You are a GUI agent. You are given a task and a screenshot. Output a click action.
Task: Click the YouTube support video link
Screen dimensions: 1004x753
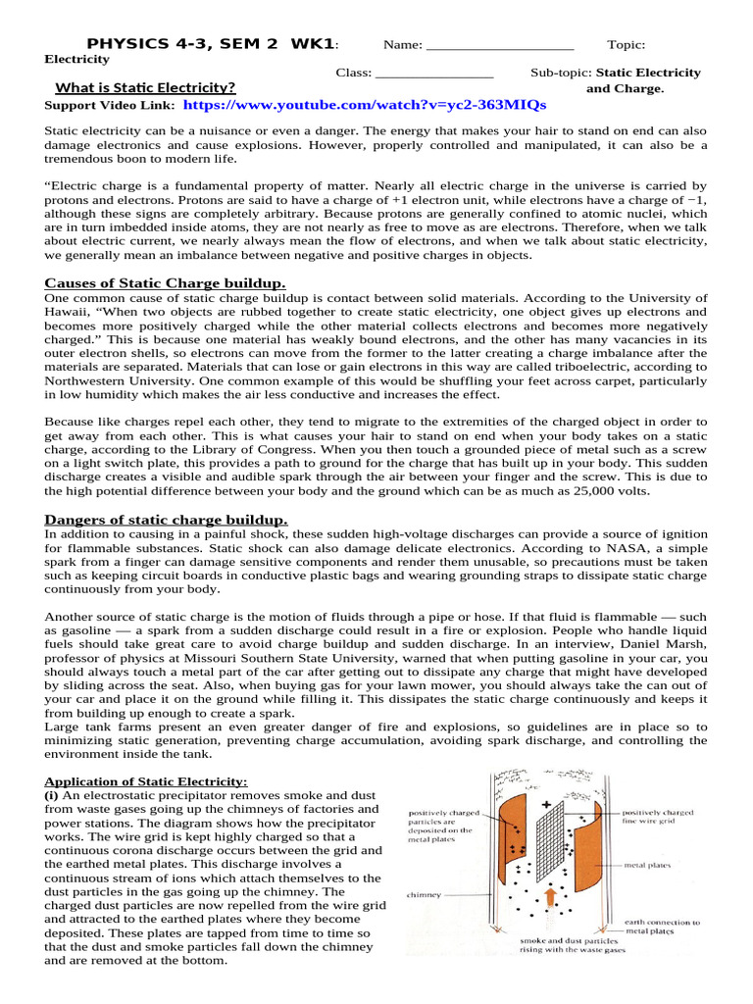point(364,105)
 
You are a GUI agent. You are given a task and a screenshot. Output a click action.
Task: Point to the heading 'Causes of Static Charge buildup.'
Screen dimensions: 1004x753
point(166,283)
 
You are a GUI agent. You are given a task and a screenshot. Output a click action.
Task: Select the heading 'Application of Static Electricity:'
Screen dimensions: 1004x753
point(146,781)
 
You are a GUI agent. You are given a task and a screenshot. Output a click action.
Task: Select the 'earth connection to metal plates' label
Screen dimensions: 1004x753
point(662,927)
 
